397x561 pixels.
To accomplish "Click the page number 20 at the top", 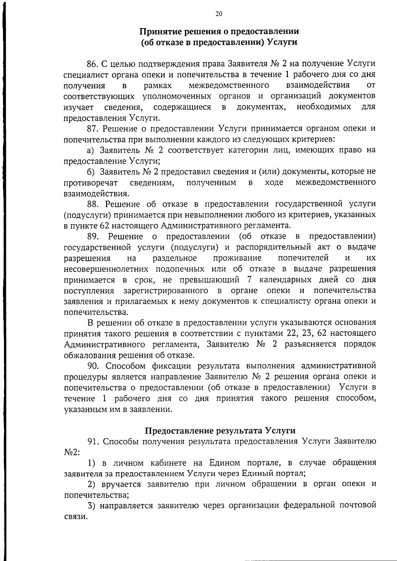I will coord(219,14).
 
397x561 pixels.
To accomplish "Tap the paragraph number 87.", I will coord(93,128).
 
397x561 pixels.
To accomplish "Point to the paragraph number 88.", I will coord(93,204).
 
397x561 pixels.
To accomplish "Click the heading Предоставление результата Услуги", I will coord(220,430).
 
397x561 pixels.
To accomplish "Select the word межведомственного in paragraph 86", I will coord(229,85).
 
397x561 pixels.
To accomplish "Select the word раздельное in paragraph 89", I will coord(175,258).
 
